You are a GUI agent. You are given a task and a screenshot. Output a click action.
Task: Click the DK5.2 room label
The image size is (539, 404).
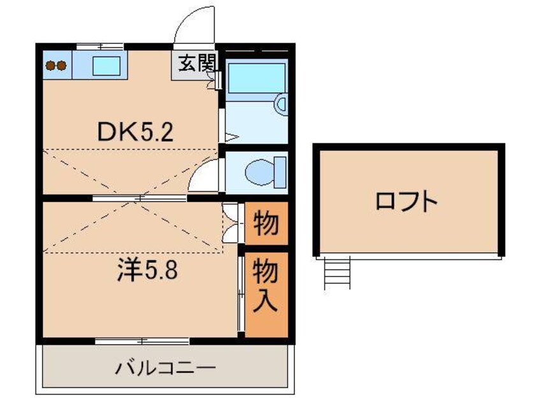pyautogui.click(x=134, y=132)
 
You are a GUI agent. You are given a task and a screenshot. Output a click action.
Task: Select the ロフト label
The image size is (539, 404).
pyautogui.click(x=406, y=203)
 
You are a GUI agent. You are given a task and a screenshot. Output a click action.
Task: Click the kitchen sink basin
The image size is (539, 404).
pyautogui.click(x=101, y=64)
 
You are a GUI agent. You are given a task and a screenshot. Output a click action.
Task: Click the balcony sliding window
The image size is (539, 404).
pyautogui.click(x=142, y=340)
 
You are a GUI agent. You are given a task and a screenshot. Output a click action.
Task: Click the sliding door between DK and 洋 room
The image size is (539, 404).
pyautogui.click(x=140, y=198)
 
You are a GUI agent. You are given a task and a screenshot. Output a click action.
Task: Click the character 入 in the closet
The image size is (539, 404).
pyautogui.click(x=266, y=301)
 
